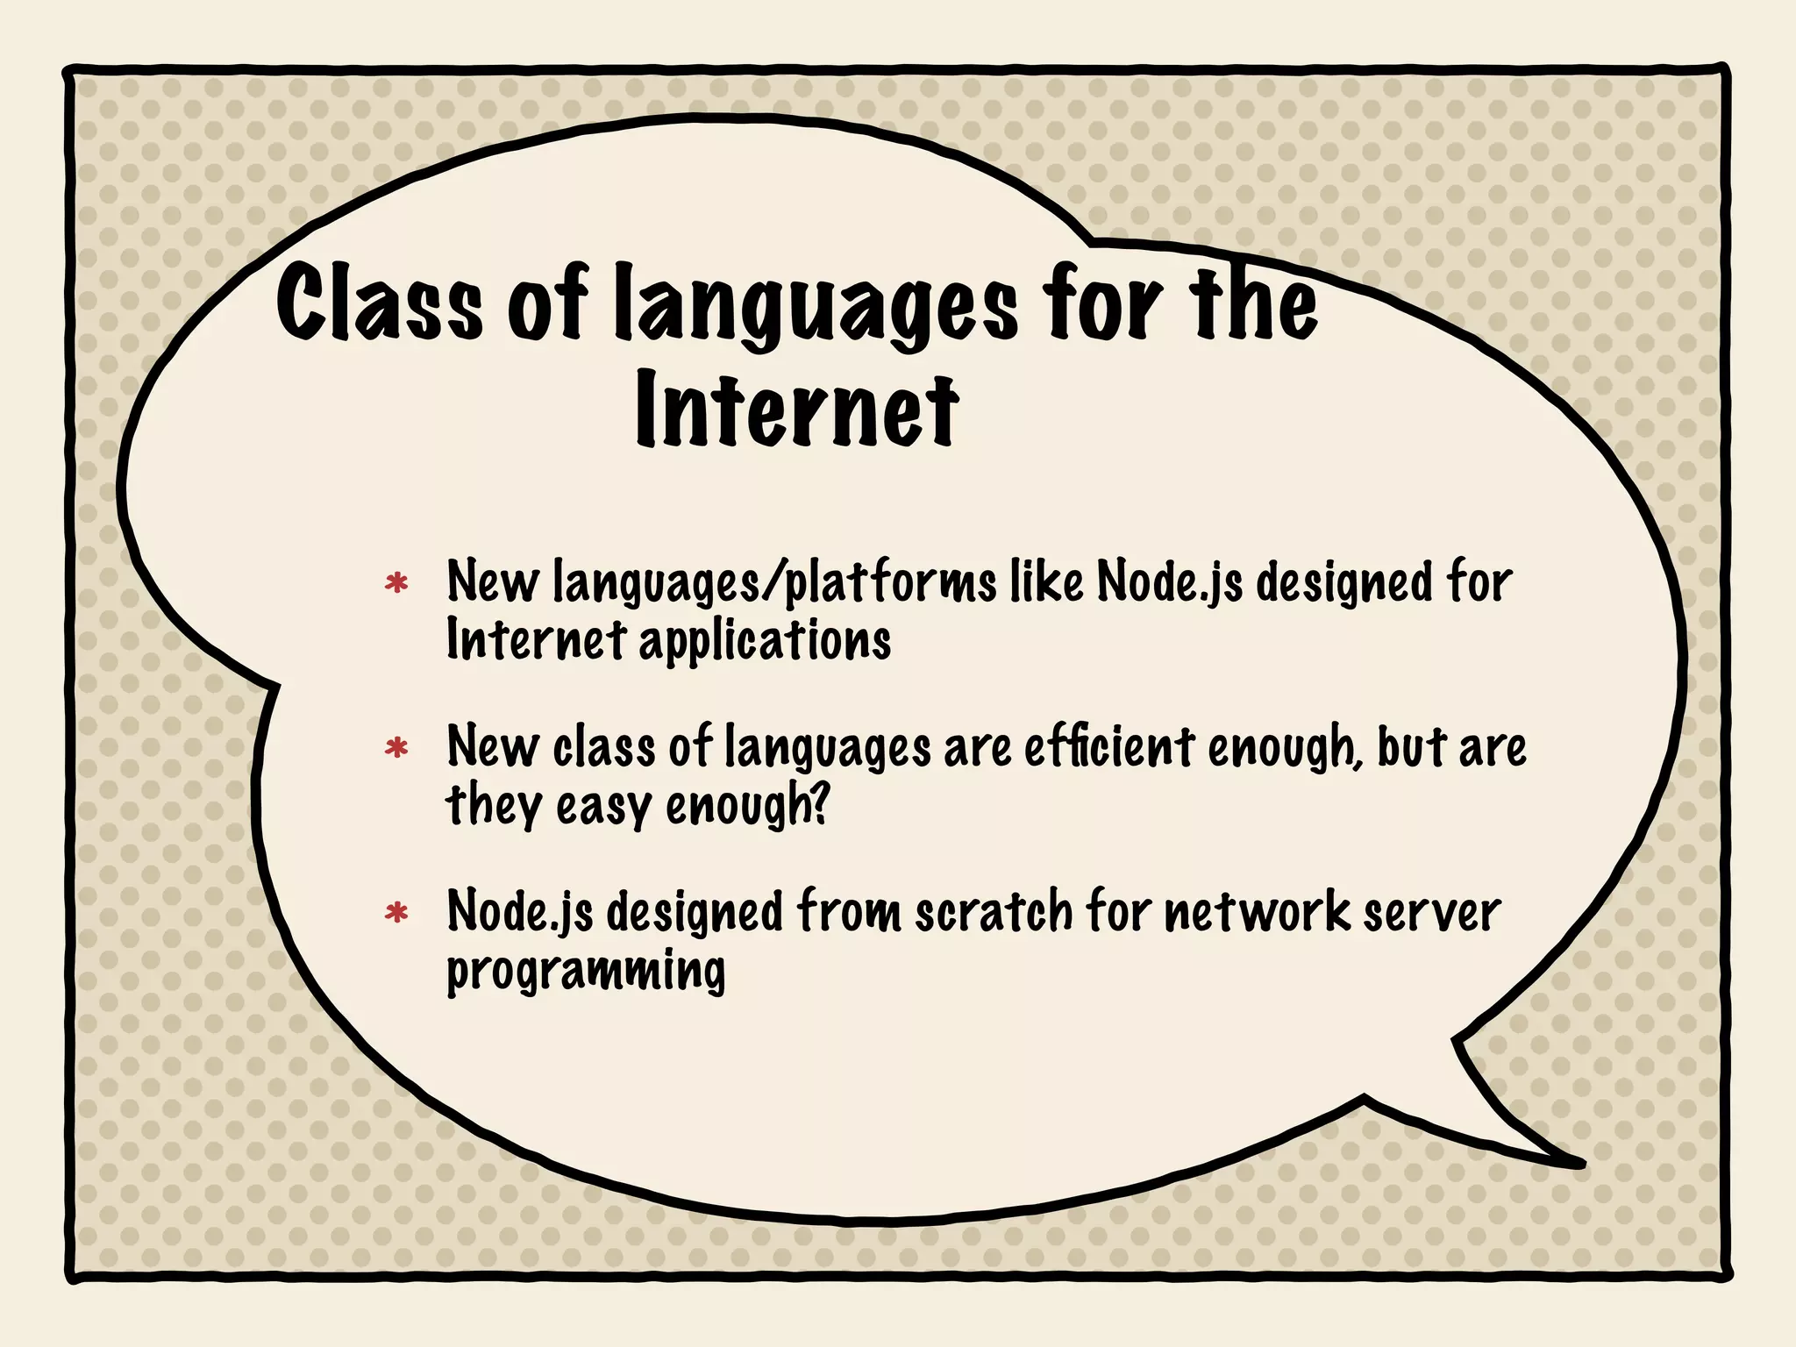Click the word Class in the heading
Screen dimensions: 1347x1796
[379, 303]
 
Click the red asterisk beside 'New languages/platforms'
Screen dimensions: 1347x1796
[396, 583]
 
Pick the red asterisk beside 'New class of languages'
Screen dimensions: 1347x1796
[396, 748]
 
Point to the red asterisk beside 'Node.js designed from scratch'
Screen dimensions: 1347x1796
[396, 913]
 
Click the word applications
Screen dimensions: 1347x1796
[765, 641]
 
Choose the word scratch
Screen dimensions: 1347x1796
[994, 912]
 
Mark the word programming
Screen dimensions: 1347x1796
[586, 972]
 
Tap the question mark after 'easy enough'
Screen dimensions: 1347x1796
[820, 803]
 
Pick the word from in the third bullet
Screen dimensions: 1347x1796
[848, 912]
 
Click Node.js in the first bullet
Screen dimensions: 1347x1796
[1170, 583]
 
